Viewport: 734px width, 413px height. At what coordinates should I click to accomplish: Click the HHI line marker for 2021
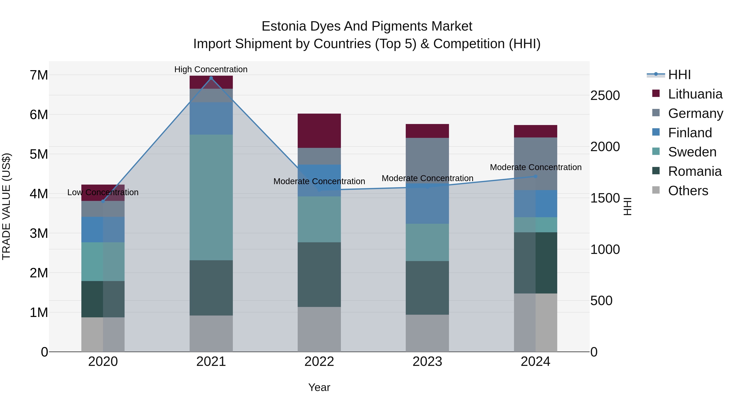211,78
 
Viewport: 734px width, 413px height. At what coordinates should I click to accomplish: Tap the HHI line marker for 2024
535,176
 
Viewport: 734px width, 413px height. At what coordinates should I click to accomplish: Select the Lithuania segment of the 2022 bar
319,131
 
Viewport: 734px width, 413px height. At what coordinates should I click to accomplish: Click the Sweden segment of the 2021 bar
211,197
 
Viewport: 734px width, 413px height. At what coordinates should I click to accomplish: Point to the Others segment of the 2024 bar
535,322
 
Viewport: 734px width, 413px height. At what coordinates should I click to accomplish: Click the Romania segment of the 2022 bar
319,275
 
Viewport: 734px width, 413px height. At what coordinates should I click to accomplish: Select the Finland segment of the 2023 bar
427,204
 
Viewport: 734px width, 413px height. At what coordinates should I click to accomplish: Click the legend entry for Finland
690,133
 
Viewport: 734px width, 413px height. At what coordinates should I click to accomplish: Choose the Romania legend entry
694,171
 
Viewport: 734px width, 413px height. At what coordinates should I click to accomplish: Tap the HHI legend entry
679,75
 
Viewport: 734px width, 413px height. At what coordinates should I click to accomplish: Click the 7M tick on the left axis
39,75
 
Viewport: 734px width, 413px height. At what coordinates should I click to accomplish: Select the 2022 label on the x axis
319,362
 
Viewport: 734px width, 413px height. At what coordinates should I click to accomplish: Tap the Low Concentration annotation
103,192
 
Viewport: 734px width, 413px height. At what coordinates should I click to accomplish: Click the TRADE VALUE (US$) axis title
6,206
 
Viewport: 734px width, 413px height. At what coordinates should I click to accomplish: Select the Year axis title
319,387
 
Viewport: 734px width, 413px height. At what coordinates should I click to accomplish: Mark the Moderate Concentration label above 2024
535,167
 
